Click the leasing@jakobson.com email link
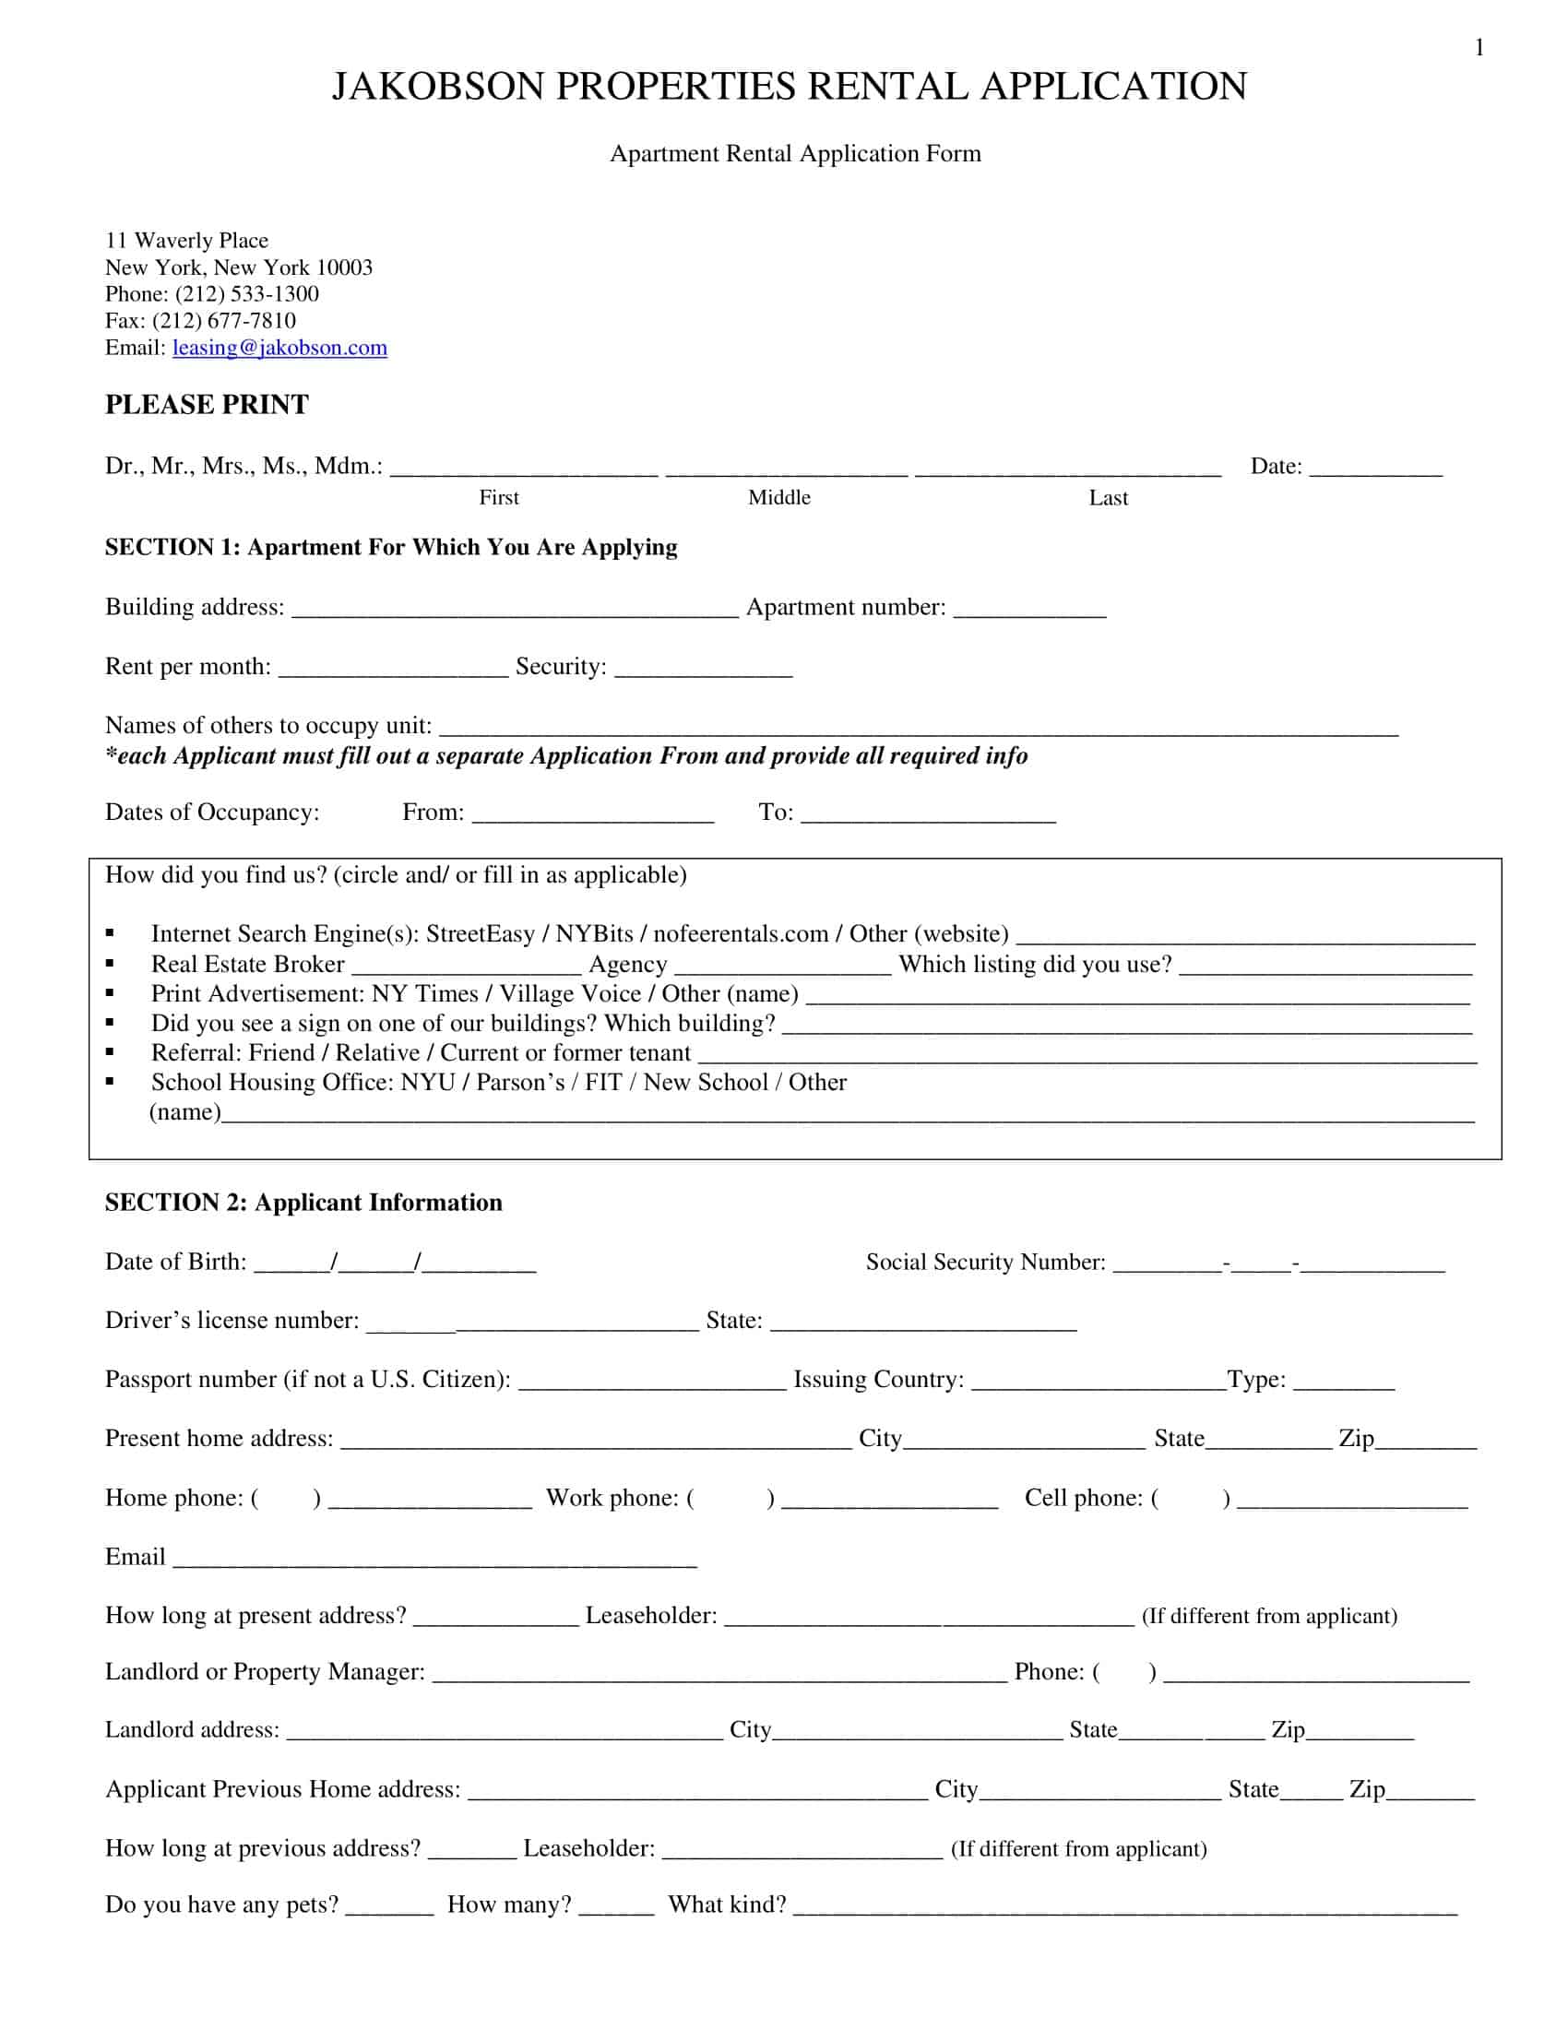(279, 348)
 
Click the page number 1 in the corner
(1479, 47)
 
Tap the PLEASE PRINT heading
(207, 405)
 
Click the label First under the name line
(499, 498)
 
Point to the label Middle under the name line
(779, 498)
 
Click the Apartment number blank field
(1029, 610)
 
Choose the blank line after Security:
(703, 669)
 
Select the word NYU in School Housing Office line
(427, 1083)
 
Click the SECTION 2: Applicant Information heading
(303, 1202)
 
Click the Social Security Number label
(985, 1262)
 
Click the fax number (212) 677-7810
(224, 321)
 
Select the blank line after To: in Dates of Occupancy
(928, 814)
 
